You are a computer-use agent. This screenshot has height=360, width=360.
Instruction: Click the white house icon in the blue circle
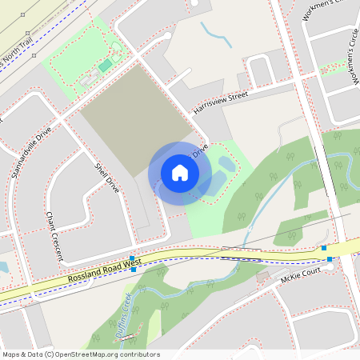pos(180,173)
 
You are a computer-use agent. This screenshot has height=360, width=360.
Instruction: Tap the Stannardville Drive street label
pos(32,151)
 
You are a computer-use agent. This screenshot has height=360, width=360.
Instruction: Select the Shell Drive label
pos(107,178)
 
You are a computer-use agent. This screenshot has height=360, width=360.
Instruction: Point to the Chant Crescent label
pos(54,237)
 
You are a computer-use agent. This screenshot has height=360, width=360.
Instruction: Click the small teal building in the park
pos(106,65)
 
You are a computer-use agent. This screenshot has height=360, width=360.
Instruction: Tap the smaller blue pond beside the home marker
pos(226,164)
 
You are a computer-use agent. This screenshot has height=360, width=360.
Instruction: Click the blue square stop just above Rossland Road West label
pos(132,258)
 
